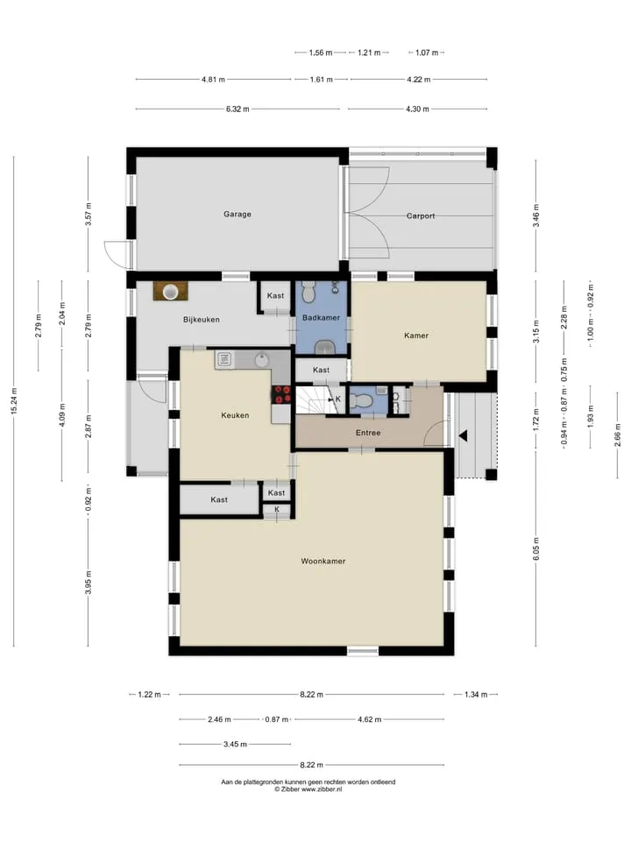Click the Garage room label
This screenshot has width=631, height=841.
coord(238,214)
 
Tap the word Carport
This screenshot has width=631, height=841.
coord(421,216)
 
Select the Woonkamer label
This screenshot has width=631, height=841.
coord(323,562)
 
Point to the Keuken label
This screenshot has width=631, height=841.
coord(235,415)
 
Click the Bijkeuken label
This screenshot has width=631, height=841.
coord(202,320)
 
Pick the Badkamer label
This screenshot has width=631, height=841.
coord(321,317)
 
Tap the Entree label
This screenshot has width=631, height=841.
coord(368,433)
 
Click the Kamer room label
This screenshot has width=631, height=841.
coord(416,336)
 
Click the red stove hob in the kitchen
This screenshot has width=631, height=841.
coord(281,394)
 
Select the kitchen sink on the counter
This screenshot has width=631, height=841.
coord(223,359)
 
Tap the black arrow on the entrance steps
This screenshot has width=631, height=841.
coord(463,436)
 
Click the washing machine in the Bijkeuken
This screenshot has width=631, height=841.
coord(171,291)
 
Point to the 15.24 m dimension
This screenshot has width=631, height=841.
coord(15,400)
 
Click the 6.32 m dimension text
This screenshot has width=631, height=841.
coord(238,109)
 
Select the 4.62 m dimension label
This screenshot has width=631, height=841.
coord(370,719)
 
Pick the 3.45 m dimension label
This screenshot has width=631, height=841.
coord(235,744)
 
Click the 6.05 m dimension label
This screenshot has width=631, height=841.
coord(536,549)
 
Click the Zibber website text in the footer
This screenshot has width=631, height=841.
coord(322,789)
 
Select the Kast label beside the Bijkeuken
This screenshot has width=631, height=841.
coord(275,295)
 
